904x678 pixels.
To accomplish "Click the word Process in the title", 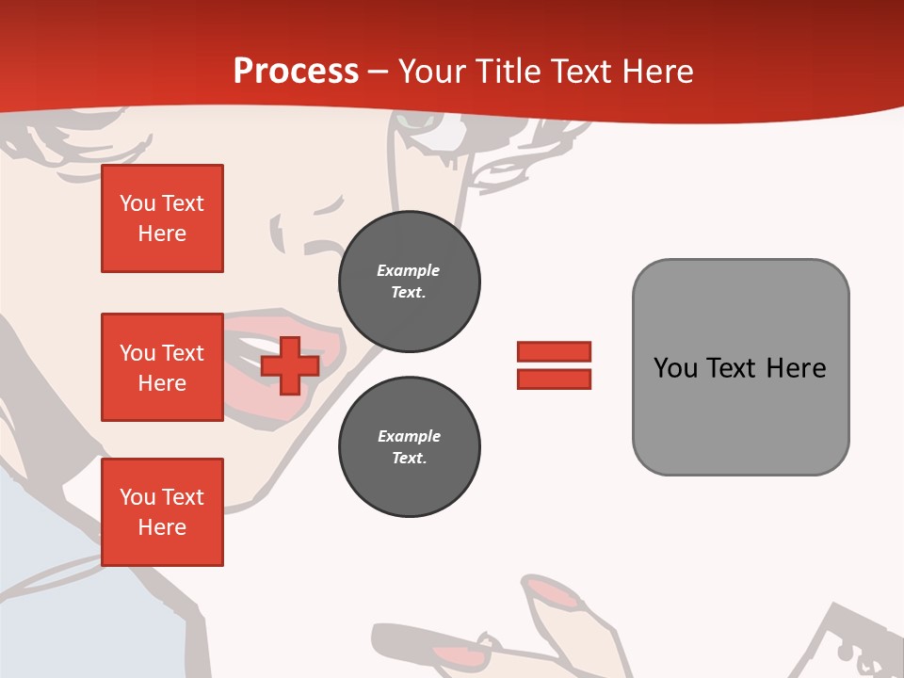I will (x=296, y=71).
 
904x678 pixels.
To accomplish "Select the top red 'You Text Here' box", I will (x=162, y=218).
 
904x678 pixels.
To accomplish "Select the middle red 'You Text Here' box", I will (x=162, y=367).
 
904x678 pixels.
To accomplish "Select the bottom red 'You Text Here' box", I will (x=162, y=512).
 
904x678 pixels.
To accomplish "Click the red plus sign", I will (x=290, y=365).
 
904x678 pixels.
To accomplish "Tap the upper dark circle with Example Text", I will (x=409, y=282).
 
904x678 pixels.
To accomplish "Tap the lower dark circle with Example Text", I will (x=409, y=447).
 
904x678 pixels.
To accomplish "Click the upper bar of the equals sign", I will (x=554, y=351).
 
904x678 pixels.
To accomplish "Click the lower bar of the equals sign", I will (x=554, y=379).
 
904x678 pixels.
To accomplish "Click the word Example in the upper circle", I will (x=409, y=270).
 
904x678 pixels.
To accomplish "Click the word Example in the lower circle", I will (x=409, y=436).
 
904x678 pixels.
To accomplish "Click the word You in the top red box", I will (x=137, y=203).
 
